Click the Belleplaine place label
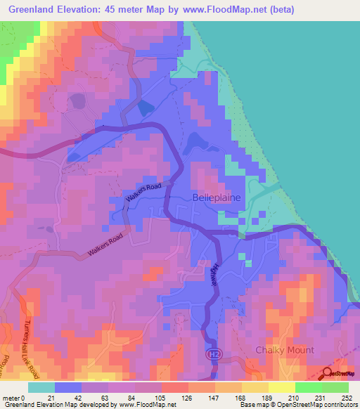(x=216, y=198)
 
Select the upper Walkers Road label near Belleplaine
(x=143, y=193)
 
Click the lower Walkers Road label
(x=105, y=245)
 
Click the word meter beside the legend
(x=10, y=398)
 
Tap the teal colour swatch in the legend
(x=41, y=387)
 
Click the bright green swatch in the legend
(x=336, y=387)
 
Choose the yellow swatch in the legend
(x=281, y=387)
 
